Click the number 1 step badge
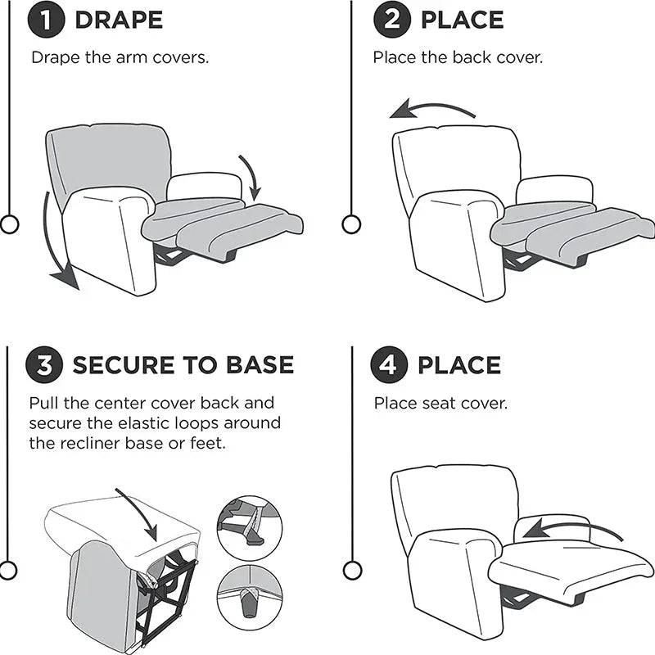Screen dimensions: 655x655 46,20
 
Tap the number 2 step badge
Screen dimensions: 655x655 392,20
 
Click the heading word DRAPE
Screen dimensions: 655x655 119,20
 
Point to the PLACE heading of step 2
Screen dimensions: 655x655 463,20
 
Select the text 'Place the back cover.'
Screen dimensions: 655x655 458,58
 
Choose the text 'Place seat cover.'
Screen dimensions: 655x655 441,403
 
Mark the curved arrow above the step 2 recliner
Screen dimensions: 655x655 431,111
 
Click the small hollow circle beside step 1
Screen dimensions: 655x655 9,224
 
